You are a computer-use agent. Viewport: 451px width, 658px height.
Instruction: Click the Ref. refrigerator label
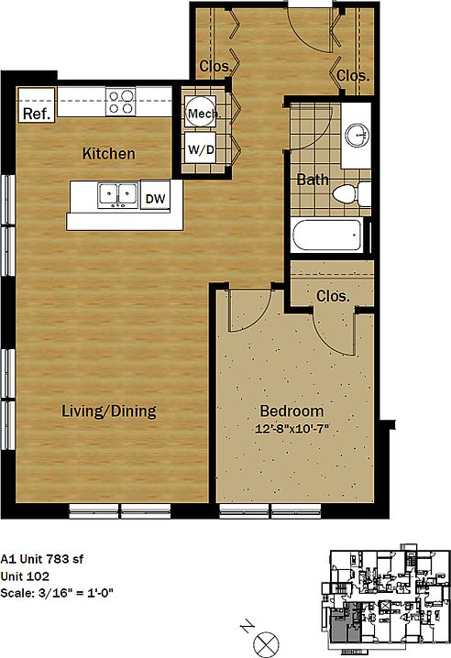35,114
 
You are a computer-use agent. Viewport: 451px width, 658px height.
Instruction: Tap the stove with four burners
121,100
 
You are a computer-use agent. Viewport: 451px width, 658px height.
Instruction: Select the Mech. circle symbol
201,114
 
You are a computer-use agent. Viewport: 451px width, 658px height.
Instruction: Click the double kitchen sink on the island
115,194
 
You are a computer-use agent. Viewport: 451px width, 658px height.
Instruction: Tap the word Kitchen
108,153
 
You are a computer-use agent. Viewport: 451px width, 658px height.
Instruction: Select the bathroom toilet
350,193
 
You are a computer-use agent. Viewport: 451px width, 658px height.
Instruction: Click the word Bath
312,180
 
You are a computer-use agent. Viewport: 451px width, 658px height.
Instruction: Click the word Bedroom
291,411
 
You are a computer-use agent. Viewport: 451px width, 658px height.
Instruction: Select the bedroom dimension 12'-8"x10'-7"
291,429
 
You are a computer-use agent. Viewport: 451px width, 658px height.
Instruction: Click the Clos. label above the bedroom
333,296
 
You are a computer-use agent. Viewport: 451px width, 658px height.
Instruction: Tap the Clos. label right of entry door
352,76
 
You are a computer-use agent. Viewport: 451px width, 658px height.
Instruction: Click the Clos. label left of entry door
214,66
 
